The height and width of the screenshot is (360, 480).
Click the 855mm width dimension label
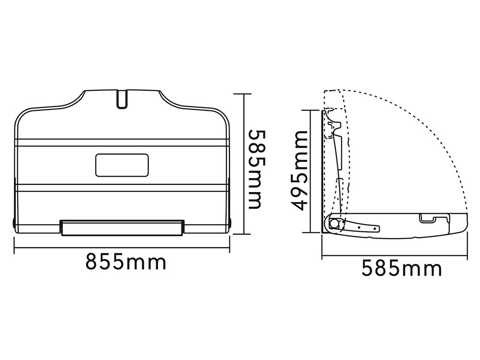(126, 262)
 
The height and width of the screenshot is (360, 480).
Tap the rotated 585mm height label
(255, 169)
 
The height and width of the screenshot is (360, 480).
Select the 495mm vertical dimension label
(299, 170)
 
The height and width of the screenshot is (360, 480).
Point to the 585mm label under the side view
(402, 268)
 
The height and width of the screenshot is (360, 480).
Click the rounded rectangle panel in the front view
(122, 165)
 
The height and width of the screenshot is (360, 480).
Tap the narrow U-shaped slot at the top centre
(122, 98)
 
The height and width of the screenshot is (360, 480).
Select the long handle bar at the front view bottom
(122, 228)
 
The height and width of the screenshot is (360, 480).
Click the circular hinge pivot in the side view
(334, 223)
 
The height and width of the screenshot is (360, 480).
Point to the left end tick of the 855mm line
(14, 246)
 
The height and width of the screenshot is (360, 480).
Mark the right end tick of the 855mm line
(229, 246)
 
